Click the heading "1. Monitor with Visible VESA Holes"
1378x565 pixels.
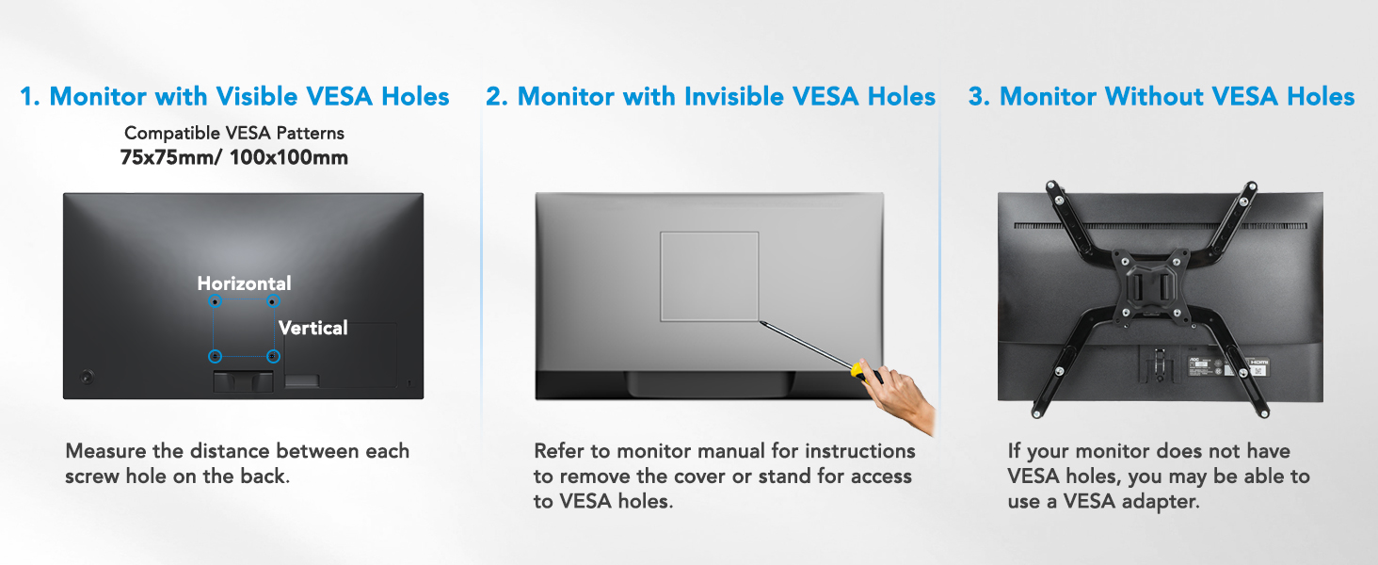click(x=234, y=96)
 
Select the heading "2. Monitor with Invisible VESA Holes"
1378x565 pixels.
click(x=711, y=96)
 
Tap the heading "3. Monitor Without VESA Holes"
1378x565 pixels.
click(x=1162, y=96)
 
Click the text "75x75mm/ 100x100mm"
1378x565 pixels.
click(x=234, y=157)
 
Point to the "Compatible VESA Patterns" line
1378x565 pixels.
click(x=234, y=133)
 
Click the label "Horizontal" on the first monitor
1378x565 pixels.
click(x=244, y=283)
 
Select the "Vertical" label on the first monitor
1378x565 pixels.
click(x=313, y=328)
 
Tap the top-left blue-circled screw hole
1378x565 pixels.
click(x=215, y=301)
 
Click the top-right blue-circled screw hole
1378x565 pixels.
click(x=273, y=301)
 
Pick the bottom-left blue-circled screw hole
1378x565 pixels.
click(x=215, y=357)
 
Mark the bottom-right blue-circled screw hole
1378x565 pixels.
click(x=273, y=357)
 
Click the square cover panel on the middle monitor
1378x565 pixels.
click(x=710, y=276)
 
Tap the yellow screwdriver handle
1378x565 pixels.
click(x=864, y=371)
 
